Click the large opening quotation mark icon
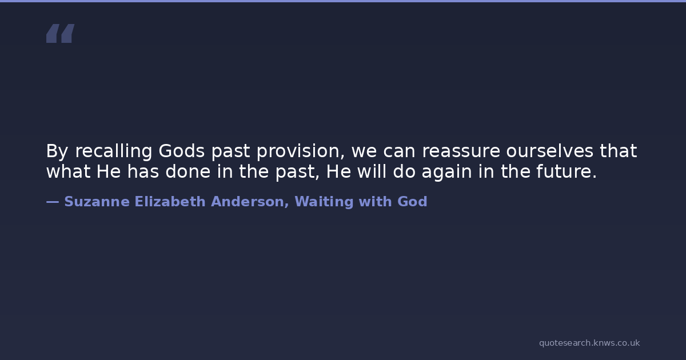coord(61,33)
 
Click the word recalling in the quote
coord(114,151)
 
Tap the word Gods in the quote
coord(182,151)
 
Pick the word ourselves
coord(550,151)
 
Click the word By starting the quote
coord(57,151)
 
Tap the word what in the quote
coord(68,171)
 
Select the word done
coord(188,171)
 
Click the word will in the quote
coord(372,171)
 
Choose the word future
coord(567,171)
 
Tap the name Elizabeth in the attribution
coord(170,202)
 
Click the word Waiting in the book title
coord(324,202)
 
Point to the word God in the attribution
coord(412,202)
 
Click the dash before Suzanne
coord(53,202)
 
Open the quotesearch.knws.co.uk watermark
coord(589,343)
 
